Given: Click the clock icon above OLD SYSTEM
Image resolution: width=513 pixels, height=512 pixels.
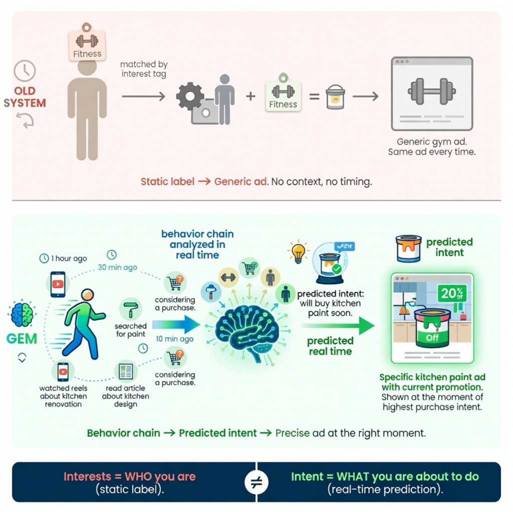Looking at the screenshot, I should coord(24,71).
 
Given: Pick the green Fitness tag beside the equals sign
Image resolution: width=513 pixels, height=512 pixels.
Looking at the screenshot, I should coord(283,95).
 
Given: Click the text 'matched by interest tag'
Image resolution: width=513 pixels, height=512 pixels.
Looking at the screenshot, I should coord(143,69).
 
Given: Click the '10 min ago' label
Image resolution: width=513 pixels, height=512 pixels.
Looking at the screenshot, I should coord(174,339).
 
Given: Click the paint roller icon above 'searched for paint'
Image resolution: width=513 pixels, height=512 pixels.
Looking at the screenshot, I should coord(130,310).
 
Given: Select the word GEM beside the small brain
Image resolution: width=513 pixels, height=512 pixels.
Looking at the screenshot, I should coord(22,339).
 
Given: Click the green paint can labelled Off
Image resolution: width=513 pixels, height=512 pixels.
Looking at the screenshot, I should coord(431,330).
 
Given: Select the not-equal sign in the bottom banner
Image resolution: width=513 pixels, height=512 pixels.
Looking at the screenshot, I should coord(256,482).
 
